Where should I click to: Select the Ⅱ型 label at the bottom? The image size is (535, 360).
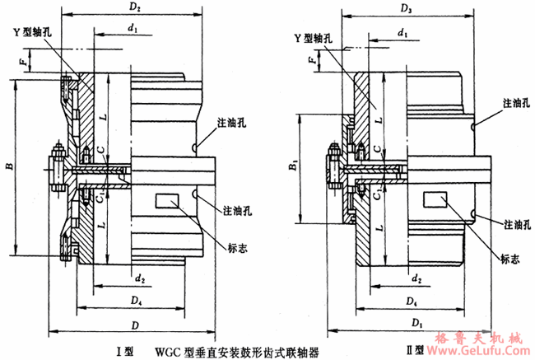pos(421,350)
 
